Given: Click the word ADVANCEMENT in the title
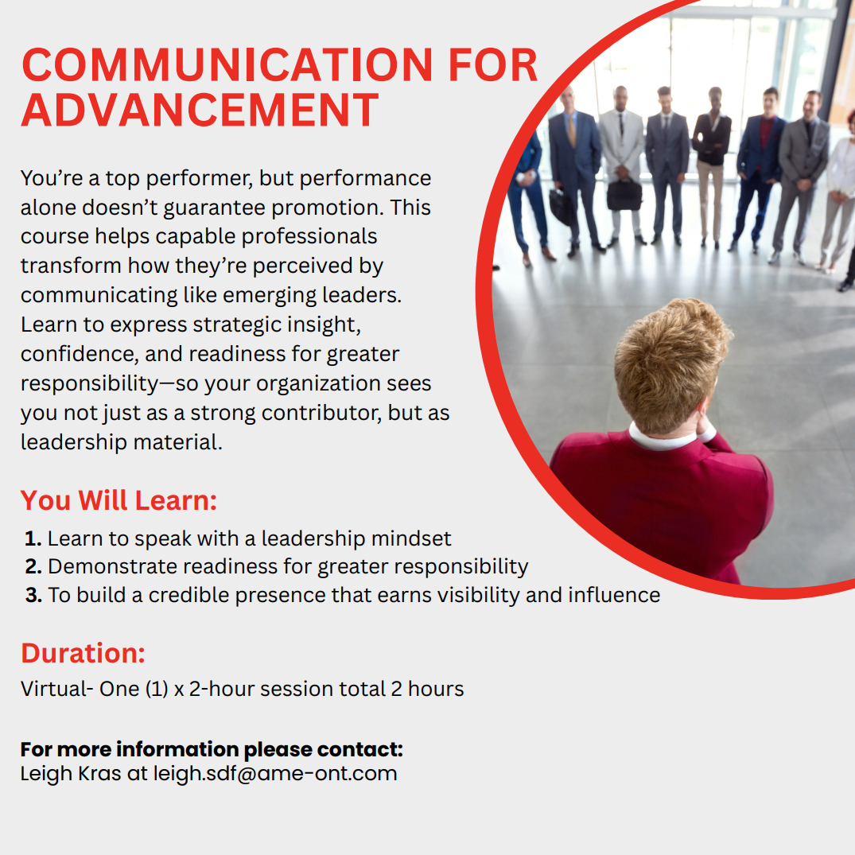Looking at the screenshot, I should click(200, 110).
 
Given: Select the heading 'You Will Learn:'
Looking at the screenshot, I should click(119, 501).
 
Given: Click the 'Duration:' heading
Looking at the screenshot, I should click(83, 653).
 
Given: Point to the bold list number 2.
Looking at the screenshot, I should click(33, 567).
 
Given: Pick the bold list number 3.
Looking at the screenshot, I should click(33, 596).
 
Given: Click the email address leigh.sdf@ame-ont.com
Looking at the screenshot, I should click(274, 773).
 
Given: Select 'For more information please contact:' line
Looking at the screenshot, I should click(212, 749).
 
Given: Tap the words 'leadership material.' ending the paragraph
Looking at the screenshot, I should click(121, 442).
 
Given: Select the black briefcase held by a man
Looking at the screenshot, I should click(625, 195).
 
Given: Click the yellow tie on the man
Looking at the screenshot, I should click(571, 131).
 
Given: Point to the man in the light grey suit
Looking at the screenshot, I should click(620, 159).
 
